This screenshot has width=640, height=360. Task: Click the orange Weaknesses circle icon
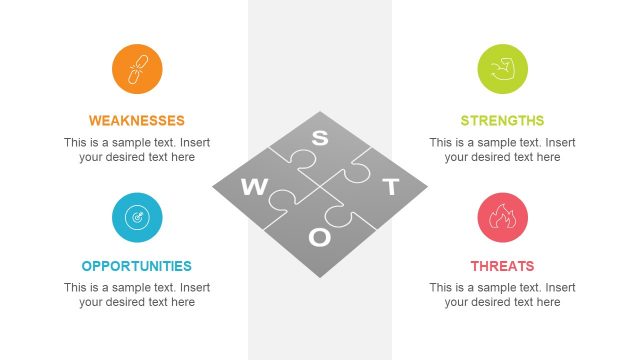pyautogui.click(x=137, y=69)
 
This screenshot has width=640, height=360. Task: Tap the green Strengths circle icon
pyautogui.click(x=502, y=69)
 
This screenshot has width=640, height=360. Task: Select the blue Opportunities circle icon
pyautogui.click(x=137, y=217)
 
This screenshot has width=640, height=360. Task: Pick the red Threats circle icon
pyautogui.click(x=502, y=217)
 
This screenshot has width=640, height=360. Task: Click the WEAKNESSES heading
pyautogui.click(x=137, y=120)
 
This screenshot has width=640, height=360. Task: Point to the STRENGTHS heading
pyautogui.click(x=502, y=120)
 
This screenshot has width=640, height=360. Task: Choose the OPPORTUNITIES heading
pyautogui.click(x=137, y=266)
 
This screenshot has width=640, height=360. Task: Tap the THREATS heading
pyautogui.click(x=502, y=266)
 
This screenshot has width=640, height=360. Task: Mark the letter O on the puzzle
pyautogui.click(x=320, y=237)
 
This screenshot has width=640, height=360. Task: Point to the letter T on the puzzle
pyautogui.click(x=391, y=187)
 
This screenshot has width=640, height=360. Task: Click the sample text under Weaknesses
pyautogui.click(x=137, y=149)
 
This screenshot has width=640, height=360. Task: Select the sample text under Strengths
pyautogui.click(x=502, y=149)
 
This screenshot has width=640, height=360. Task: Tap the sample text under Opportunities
pyautogui.click(x=137, y=295)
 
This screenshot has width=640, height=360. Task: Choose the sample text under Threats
pyautogui.click(x=502, y=295)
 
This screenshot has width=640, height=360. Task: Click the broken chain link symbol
pyautogui.click(x=137, y=69)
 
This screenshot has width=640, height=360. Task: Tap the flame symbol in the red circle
pyautogui.click(x=502, y=217)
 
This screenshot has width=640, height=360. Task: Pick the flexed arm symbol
pyautogui.click(x=502, y=69)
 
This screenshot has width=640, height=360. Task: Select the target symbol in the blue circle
pyautogui.click(x=137, y=217)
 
